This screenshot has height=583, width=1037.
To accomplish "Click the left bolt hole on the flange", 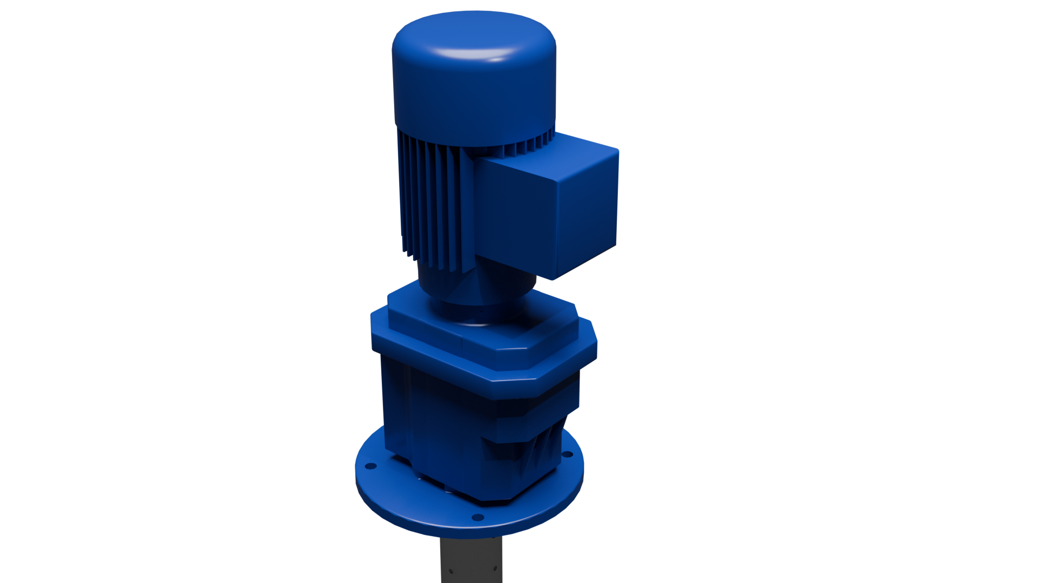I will pyautogui.click(x=371, y=465).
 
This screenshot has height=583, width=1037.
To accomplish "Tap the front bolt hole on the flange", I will pyautogui.click(x=477, y=518).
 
